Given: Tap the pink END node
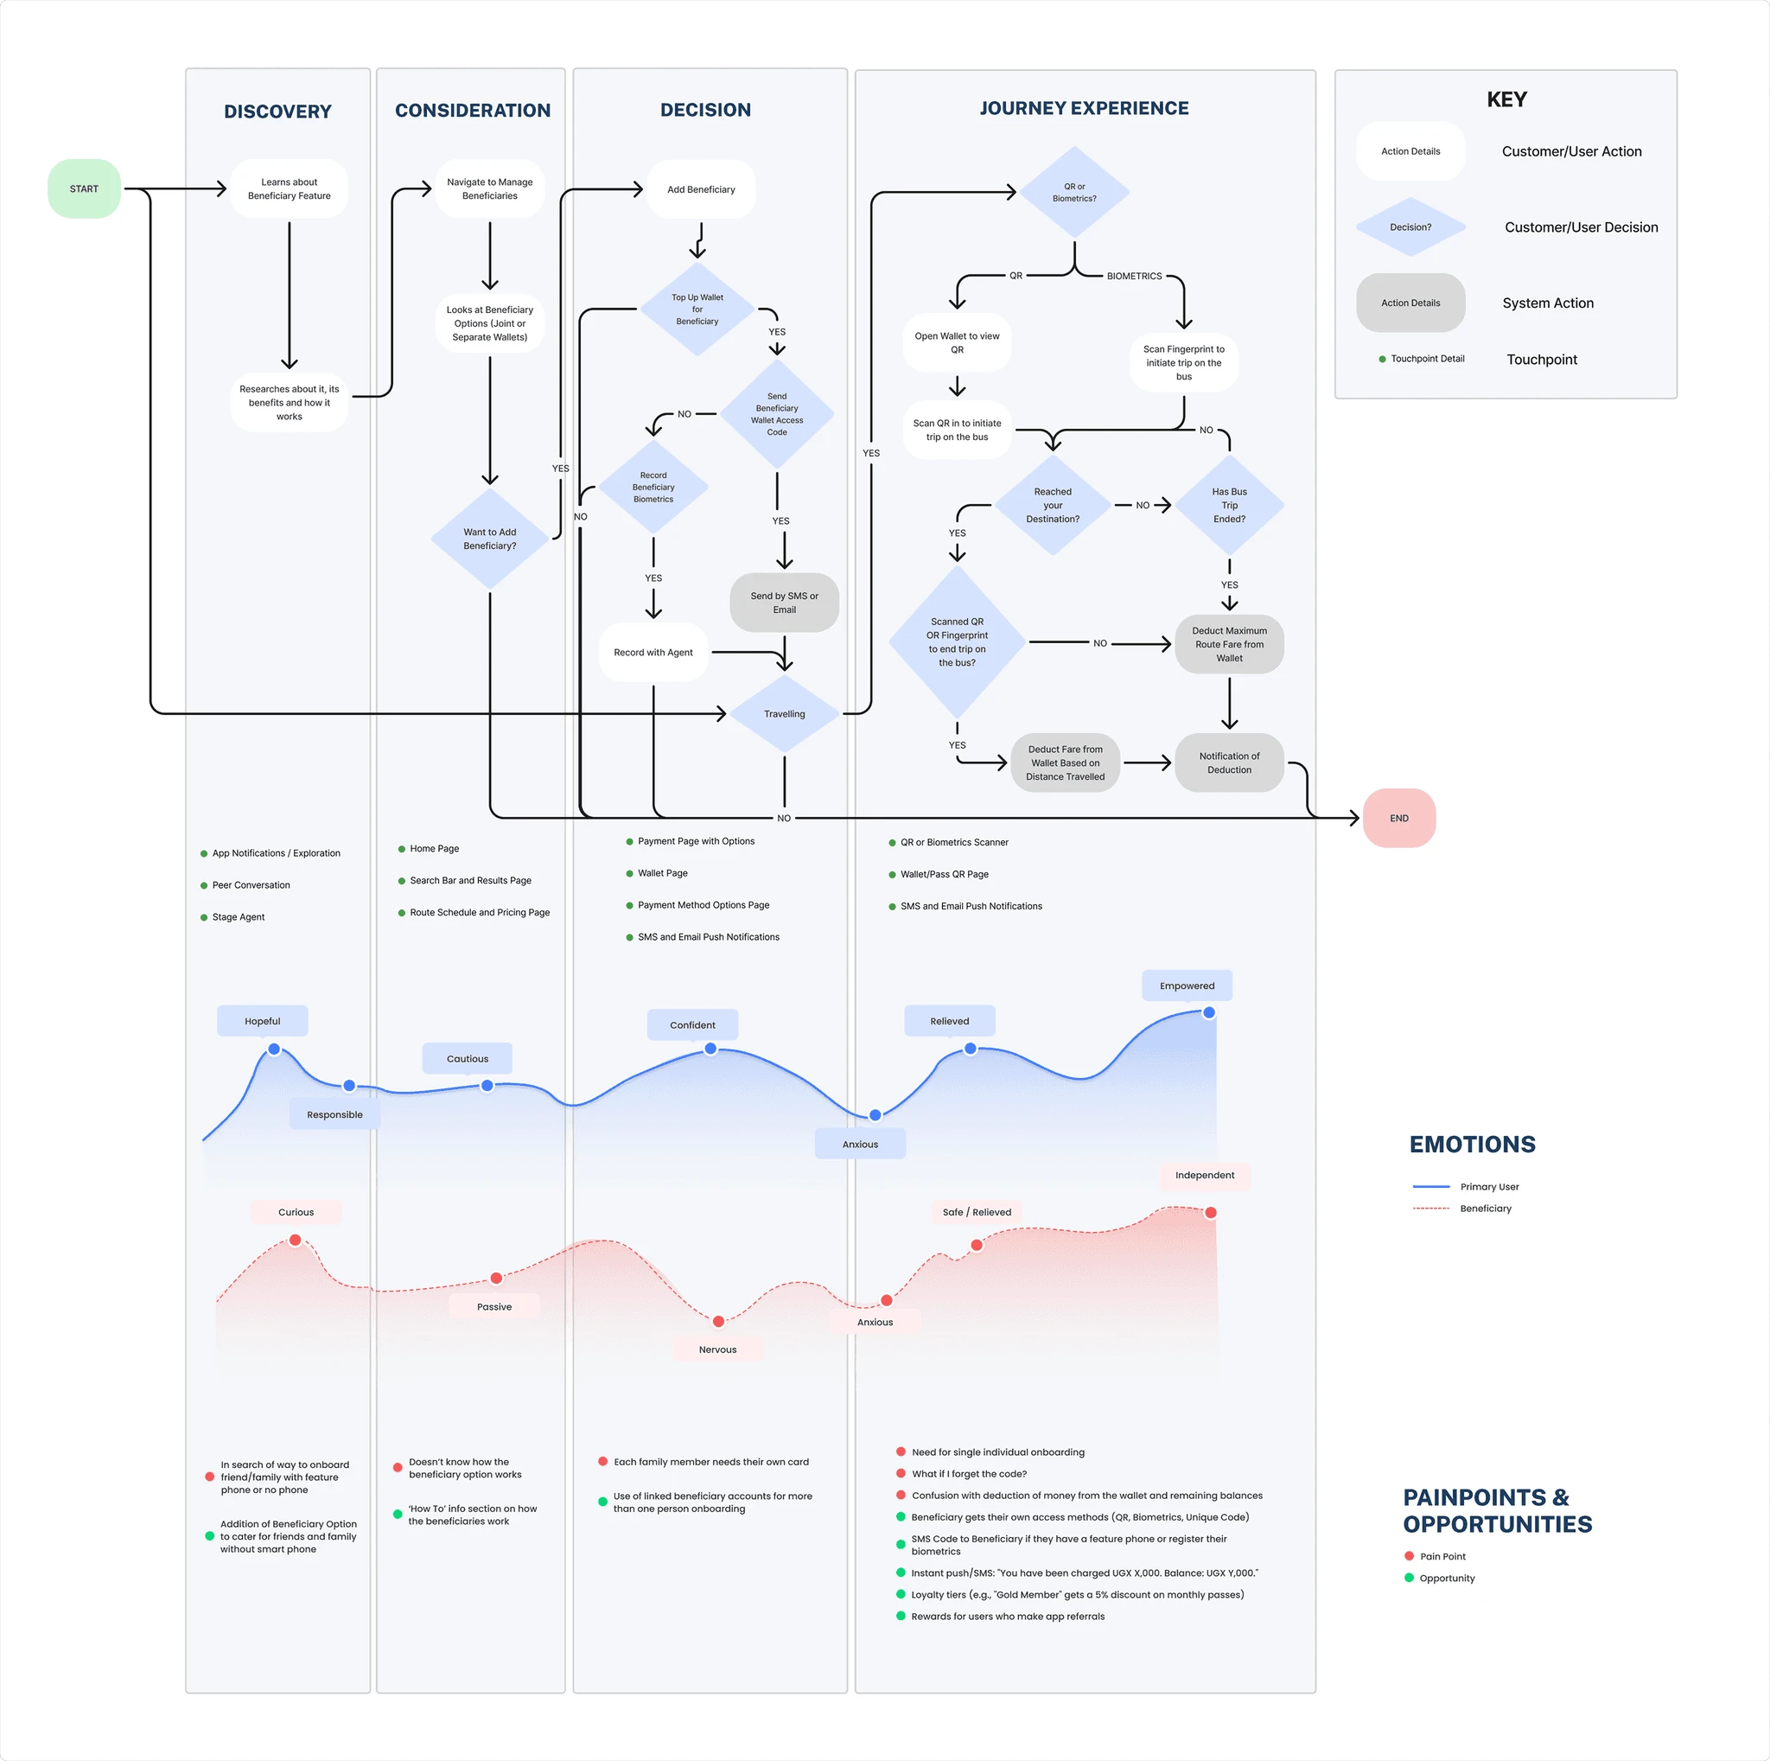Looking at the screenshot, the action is click(1399, 818).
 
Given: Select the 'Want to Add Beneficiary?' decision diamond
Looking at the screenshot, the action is click(490, 539).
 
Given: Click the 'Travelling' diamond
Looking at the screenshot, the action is click(784, 714).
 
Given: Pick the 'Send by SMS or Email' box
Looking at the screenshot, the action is click(784, 603).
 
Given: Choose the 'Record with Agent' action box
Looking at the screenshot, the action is click(653, 653).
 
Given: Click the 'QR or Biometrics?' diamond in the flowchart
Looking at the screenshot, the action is click(1073, 193).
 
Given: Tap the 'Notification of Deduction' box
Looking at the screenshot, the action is click(1230, 763).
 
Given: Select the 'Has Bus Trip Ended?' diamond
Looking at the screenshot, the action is click(1230, 505).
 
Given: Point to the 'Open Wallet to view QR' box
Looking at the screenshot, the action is click(958, 342).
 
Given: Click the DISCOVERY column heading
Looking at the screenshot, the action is click(277, 112).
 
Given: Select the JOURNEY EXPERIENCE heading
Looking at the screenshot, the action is click(1084, 108).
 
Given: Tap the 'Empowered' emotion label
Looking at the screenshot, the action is click(1187, 986).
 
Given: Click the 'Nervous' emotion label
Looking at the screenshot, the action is click(717, 1349).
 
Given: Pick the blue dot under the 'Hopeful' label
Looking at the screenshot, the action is click(274, 1050).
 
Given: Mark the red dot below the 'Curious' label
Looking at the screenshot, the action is click(295, 1240).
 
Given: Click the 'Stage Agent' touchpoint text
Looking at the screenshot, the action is click(239, 917).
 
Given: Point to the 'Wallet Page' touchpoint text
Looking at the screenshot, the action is click(662, 873).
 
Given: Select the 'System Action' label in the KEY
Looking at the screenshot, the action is click(1547, 303).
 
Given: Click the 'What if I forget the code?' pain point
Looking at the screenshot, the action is click(970, 1474).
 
